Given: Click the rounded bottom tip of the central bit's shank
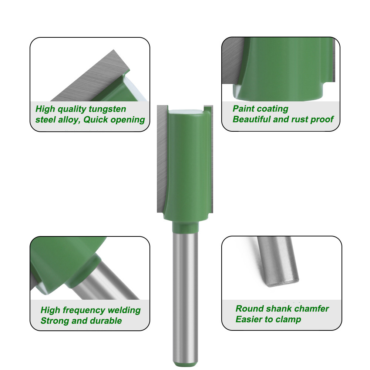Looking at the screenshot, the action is click(x=185, y=363).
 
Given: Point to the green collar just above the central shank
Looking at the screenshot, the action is click(x=185, y=227).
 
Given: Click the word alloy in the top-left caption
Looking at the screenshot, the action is click(x=68, y=120).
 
